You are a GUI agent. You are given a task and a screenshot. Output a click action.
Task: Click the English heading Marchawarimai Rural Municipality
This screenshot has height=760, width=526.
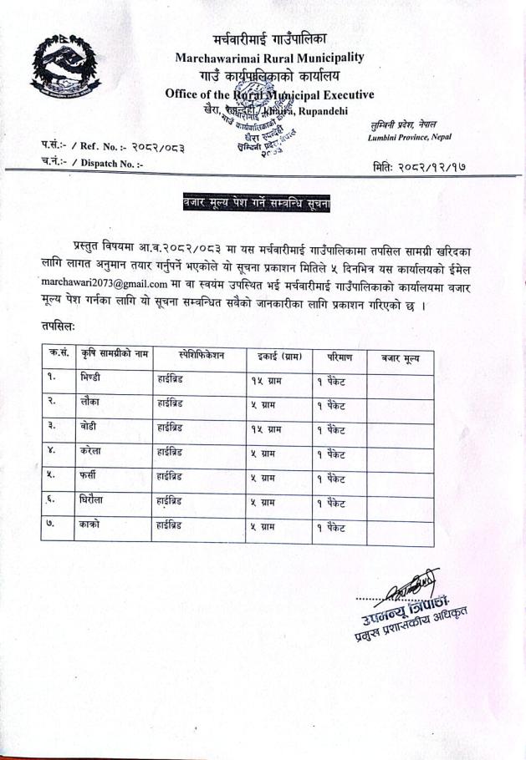269,58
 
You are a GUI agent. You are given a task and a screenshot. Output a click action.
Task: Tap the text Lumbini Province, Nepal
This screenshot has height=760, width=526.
409,136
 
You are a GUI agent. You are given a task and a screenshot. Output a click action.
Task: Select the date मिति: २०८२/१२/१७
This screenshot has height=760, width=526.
419,166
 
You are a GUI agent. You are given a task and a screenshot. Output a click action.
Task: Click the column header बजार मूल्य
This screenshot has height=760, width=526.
401,357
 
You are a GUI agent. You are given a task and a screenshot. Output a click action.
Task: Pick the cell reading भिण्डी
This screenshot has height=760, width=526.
92,377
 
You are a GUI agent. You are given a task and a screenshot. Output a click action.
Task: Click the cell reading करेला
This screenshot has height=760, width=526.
92,453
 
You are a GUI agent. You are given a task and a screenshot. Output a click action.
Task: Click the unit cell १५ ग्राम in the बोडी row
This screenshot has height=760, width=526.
266,429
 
